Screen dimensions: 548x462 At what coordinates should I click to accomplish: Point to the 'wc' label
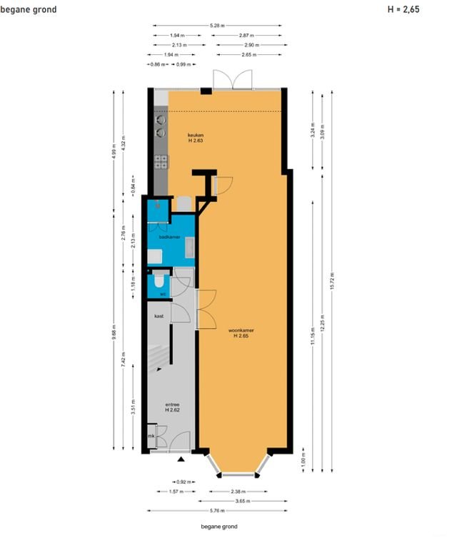pyautogui.click(x=162, y=293)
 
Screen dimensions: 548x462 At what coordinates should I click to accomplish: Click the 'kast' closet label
pyautogui.click(x=159, y=315)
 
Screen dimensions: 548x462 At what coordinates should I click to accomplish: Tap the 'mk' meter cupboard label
pyautogui.click(x=151, y=435)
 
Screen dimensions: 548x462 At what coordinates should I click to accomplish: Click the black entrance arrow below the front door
pyautogui.click(x=181, y=460)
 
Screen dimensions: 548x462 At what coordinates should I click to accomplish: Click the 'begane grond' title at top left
pyautogui.click(x=28, y=9)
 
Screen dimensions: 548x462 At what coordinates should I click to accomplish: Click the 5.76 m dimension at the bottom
pyautogui.click(x=218, y=511)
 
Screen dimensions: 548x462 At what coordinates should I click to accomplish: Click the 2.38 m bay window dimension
pyautogui.click(x=238, y=492)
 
